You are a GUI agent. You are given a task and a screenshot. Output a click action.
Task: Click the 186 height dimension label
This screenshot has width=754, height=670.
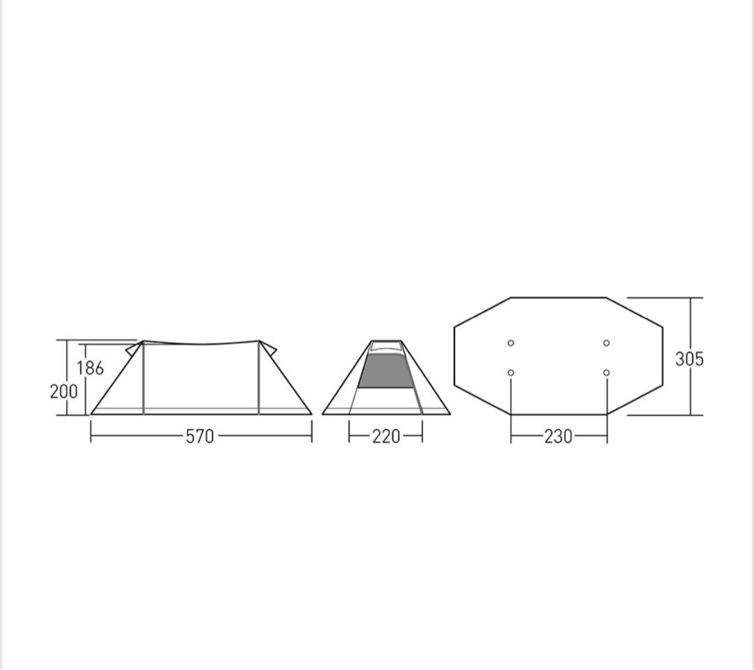point(91,368)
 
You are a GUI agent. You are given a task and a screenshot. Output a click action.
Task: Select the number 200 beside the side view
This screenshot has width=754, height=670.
point(64,392)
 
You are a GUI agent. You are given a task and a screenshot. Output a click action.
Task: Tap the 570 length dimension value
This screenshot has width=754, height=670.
point(200,437)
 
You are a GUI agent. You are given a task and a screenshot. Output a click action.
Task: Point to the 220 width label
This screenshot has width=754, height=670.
point(386,437)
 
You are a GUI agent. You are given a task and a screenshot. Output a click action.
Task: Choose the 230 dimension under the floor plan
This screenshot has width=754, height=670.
point(559,437)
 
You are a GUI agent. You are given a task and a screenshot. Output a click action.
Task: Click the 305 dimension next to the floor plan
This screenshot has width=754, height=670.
point(689,359)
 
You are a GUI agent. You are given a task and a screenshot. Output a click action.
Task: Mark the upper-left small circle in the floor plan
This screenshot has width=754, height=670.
point(511,343)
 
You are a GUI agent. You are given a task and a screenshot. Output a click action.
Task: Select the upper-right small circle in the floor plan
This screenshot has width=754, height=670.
point(606,343)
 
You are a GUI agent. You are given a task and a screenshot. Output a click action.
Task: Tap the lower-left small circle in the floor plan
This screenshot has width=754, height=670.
point(511,373)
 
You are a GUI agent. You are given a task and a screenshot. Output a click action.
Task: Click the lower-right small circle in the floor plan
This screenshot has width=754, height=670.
point(606,373)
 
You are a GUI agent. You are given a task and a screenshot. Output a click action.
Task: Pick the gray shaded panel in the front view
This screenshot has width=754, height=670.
point(385,371)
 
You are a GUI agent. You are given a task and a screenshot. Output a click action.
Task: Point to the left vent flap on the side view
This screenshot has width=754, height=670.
point(133,348)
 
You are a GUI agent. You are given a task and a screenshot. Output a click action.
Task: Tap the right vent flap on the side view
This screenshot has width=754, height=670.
point(269,348)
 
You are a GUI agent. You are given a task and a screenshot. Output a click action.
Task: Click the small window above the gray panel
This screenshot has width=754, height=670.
point(385,347)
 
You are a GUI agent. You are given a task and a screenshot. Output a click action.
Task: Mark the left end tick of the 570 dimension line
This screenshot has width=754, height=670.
point(91,436)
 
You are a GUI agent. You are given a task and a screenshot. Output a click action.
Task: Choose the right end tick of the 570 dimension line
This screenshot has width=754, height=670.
point(311,436)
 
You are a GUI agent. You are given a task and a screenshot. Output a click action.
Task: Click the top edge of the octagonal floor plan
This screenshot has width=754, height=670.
point(559,298)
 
